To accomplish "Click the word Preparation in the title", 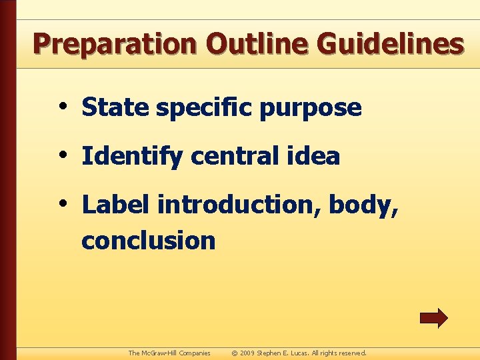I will click(x=115, y=44).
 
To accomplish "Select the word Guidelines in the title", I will click(x=390, y=44).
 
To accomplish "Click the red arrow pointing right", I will click(x=433, y=318).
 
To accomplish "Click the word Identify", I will click(x=132, y=157).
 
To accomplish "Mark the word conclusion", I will click(x=148, y=240).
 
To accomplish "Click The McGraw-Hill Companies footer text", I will click(x=169, y=353).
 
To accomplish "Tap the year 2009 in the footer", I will click(x=248, y=353).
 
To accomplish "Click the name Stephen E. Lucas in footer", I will click(x=283, y=353).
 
